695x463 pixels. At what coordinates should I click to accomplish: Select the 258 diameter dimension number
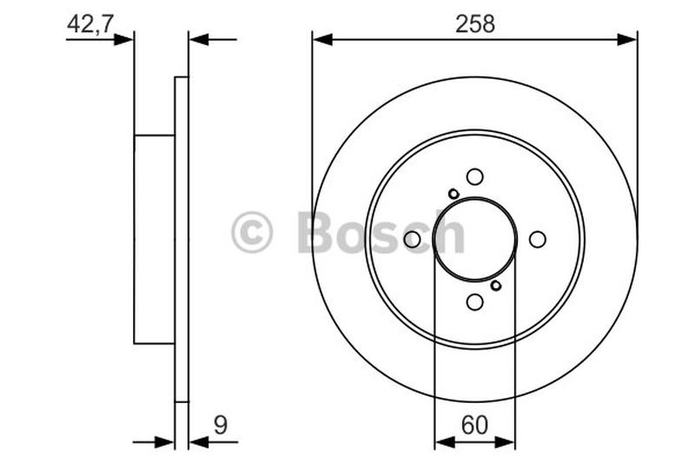point(474,24)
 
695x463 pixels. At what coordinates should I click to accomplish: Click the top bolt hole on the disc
point(474,176)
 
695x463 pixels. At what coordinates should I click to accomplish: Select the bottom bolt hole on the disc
point(474,301)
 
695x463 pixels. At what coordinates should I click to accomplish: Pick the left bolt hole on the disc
point(412,239)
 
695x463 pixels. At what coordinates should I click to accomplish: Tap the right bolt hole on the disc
point(537,239)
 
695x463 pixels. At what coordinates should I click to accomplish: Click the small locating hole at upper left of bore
point(453,193)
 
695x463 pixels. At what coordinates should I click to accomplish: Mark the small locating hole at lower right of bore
point(495,285)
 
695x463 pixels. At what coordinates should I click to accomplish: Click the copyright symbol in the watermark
point(252,234)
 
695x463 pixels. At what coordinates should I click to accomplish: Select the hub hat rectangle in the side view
point(155,239)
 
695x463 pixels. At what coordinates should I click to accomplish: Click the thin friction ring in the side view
point(182,239)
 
